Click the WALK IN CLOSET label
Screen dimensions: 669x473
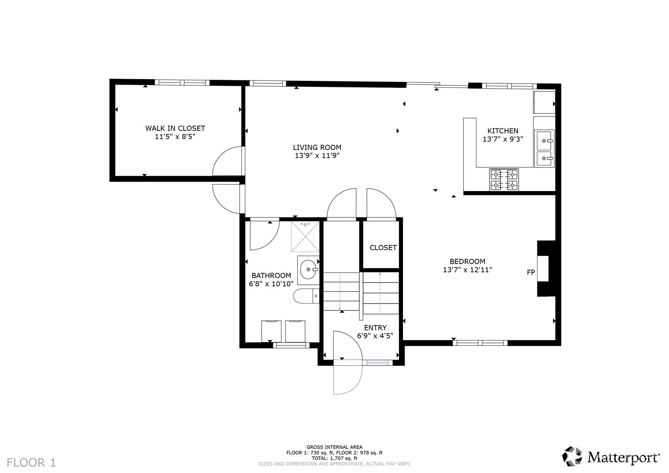point(175,128)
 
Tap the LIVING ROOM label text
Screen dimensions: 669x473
point(317,148)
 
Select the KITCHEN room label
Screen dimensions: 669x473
point(502,130)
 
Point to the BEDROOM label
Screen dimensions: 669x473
point(468,261)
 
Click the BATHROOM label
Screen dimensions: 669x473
point(271,276)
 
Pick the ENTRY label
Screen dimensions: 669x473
point(375,328)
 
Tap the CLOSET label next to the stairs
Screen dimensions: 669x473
point(383,248)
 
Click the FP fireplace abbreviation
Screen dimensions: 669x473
point(531,272)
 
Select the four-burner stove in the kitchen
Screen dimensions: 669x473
point(504,180)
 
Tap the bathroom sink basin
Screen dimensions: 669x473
point(308,269)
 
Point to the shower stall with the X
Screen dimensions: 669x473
point(305,236)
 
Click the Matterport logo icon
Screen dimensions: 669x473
point(572,456)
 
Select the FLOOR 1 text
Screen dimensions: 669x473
point(31,463)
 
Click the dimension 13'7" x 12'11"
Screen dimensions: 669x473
point(468,270)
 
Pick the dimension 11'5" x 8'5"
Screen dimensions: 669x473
point(175,137)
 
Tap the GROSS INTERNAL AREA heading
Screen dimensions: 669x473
point(334,447)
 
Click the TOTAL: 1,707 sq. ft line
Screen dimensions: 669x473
point(334,458)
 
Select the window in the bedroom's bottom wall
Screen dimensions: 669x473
point(480,343)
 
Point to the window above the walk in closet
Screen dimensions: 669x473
point(182,82)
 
